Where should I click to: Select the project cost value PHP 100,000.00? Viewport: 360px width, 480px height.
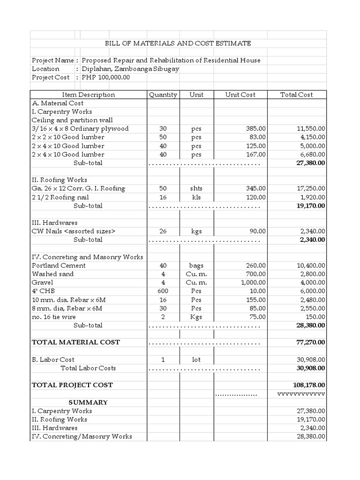[x=105, y=77]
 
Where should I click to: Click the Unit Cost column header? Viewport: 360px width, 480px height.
[x=240, y=95]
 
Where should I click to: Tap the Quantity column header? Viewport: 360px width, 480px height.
[x=163, y=95]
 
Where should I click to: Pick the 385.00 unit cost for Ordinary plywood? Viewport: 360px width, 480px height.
[x=256, y=129]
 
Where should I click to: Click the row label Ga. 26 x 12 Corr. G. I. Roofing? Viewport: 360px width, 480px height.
[x=78, y=188]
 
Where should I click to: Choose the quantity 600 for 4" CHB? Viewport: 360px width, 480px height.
[x=163, y=291]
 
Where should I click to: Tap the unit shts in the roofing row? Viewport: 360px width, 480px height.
[x=196, y=188]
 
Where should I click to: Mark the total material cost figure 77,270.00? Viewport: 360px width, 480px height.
[x=311, y=343]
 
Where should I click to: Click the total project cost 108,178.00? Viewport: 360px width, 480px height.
[x=310, y=385]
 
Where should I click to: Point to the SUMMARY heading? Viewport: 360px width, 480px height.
[x=88, y=403]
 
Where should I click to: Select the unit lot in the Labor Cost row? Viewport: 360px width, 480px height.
[x=196, y=360]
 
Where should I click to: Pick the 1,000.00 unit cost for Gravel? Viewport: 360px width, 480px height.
[x=253, y=283]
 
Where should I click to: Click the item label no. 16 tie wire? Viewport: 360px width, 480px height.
[x=53, y=317]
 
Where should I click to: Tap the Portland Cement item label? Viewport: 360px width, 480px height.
[x=59, y=266]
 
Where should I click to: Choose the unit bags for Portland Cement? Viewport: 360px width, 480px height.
[x=196, y=266]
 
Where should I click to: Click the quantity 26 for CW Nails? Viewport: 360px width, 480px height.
[x=163, y=231]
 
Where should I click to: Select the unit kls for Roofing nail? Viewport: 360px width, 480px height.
[x=196, y=197]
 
